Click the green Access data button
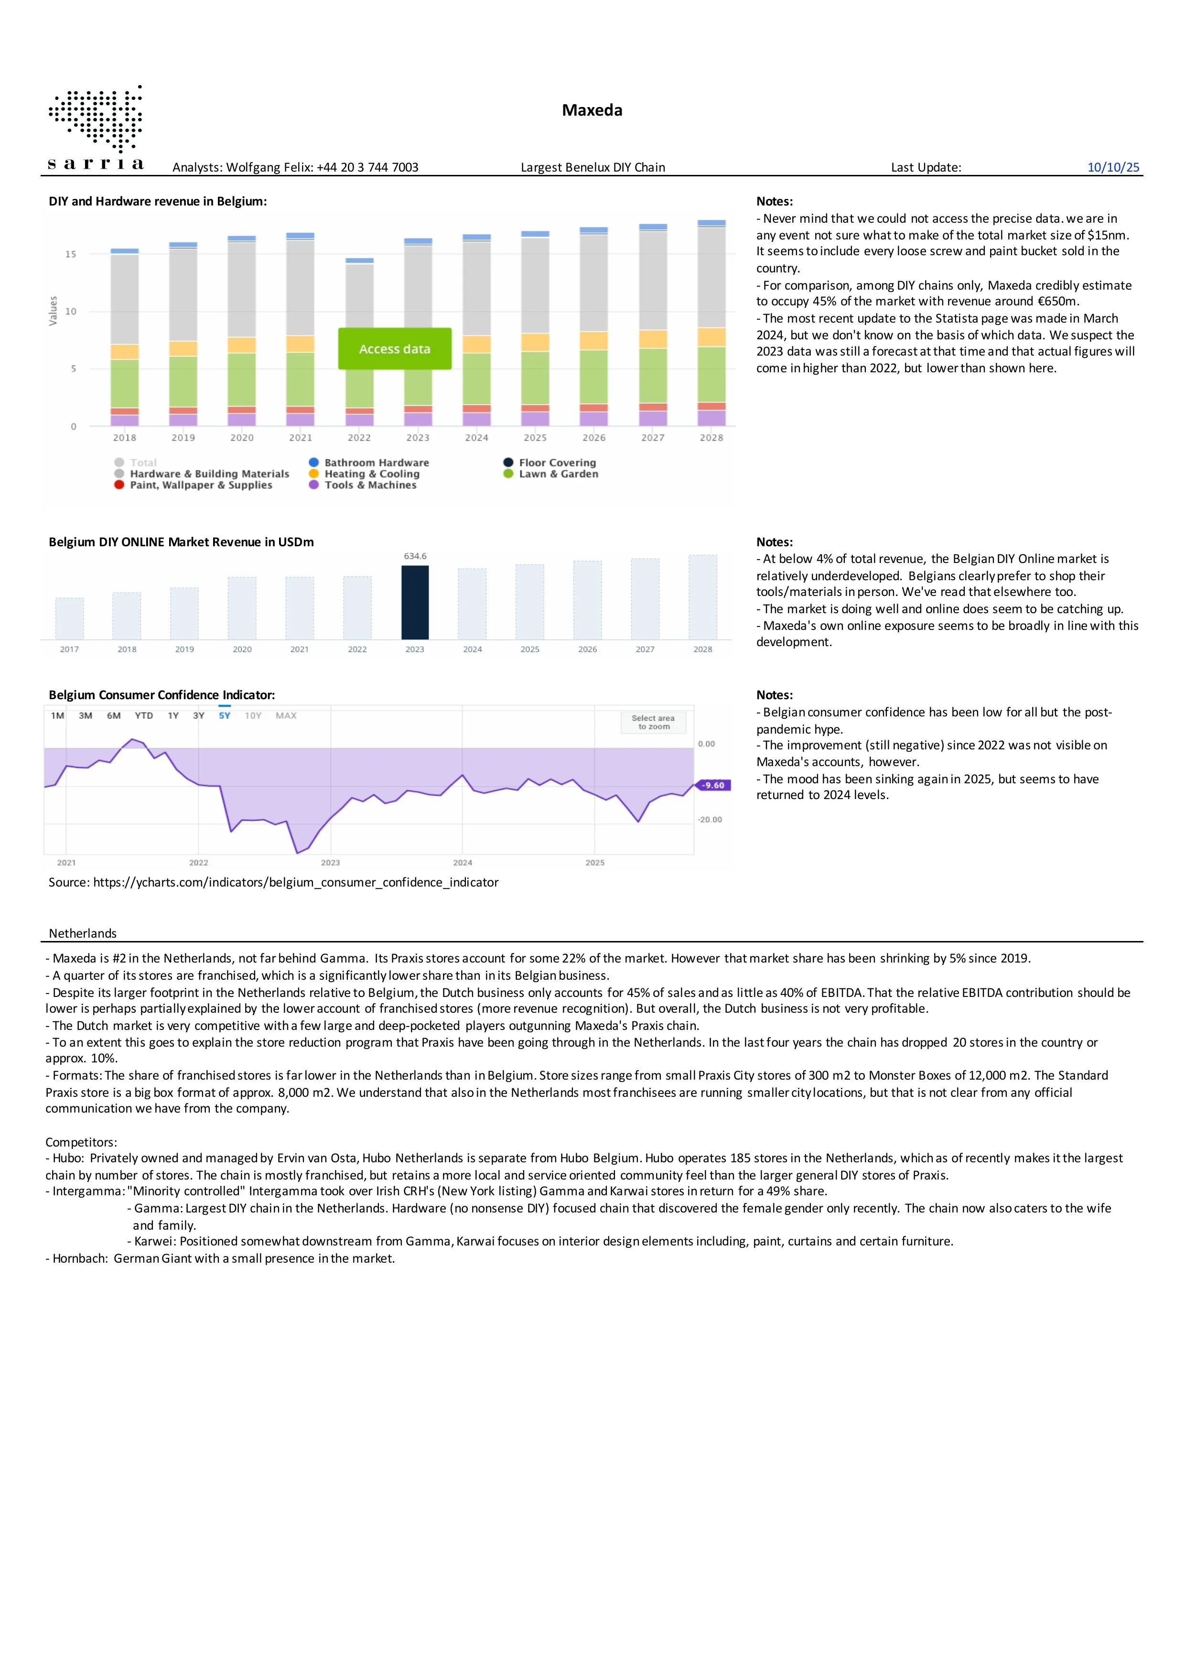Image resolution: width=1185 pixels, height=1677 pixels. pyautogui.click(x=394, y=349)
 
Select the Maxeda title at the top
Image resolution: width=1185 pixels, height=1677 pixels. pyautogui.click(x=592, y=110)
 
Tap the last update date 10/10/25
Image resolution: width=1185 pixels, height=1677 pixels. pyautogui.click(x=1113, y=167)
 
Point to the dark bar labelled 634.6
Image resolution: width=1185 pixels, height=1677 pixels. pyautogui.click(x=415, y=603)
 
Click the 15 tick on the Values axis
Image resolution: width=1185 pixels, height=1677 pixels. pyautogui.click(x=71, y=254)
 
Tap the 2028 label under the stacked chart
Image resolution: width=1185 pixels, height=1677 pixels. pyautogui.click(x=711, y=437)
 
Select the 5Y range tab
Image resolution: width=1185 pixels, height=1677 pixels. pyautogui.click(x=224, y=716)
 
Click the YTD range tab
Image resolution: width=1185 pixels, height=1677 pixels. pyautogui.click(x=144, y=716)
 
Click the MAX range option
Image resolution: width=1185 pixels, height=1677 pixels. pyautogui.click(x=286, y=716)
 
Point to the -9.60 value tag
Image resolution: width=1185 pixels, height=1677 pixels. pyautogui.click(x=712, y=785)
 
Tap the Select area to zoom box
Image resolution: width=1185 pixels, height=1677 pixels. pyautogui.click(x=654, y=722)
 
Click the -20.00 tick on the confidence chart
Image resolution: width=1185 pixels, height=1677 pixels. pyautogui.click(x=710, y=820)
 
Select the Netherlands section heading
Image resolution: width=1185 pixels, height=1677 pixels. pyautogui.click(x=83, y=933)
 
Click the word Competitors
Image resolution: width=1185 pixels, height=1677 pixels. pyautogui.click(x=80, y=1142)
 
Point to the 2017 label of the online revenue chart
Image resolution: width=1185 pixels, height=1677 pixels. pyautogui.click(x=69, y=649)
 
